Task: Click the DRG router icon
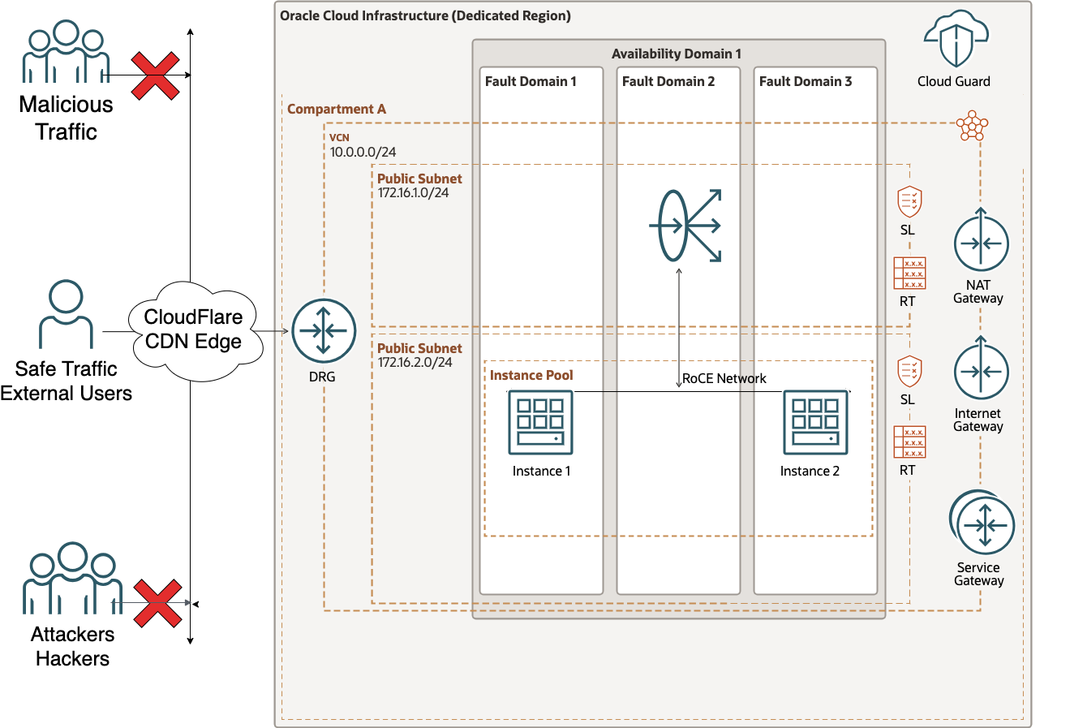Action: pos(324,331)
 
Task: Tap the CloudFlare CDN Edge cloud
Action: pos(194,330)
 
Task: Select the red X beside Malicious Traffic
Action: pos(156,75)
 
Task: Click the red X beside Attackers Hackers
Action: pos(157,603)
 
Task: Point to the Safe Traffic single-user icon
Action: pos(66,315)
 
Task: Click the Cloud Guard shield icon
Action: pos(955,41)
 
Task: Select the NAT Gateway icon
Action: pos(981,243)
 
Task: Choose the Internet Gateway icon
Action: pos(981,371)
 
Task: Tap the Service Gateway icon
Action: pos(982,524)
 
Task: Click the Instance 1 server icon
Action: pos(540,422)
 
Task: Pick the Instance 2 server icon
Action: pos(815,422)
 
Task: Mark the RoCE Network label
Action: pos(724,378)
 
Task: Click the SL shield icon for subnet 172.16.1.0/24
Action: pos(909,201)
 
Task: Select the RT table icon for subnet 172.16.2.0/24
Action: pos(909,442)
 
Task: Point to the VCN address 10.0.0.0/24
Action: pos(363,152)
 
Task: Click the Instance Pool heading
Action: pos(531,375)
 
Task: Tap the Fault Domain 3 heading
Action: pos(806,81)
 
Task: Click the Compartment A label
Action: pos(337,109)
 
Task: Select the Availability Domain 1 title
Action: pos(677,54)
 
